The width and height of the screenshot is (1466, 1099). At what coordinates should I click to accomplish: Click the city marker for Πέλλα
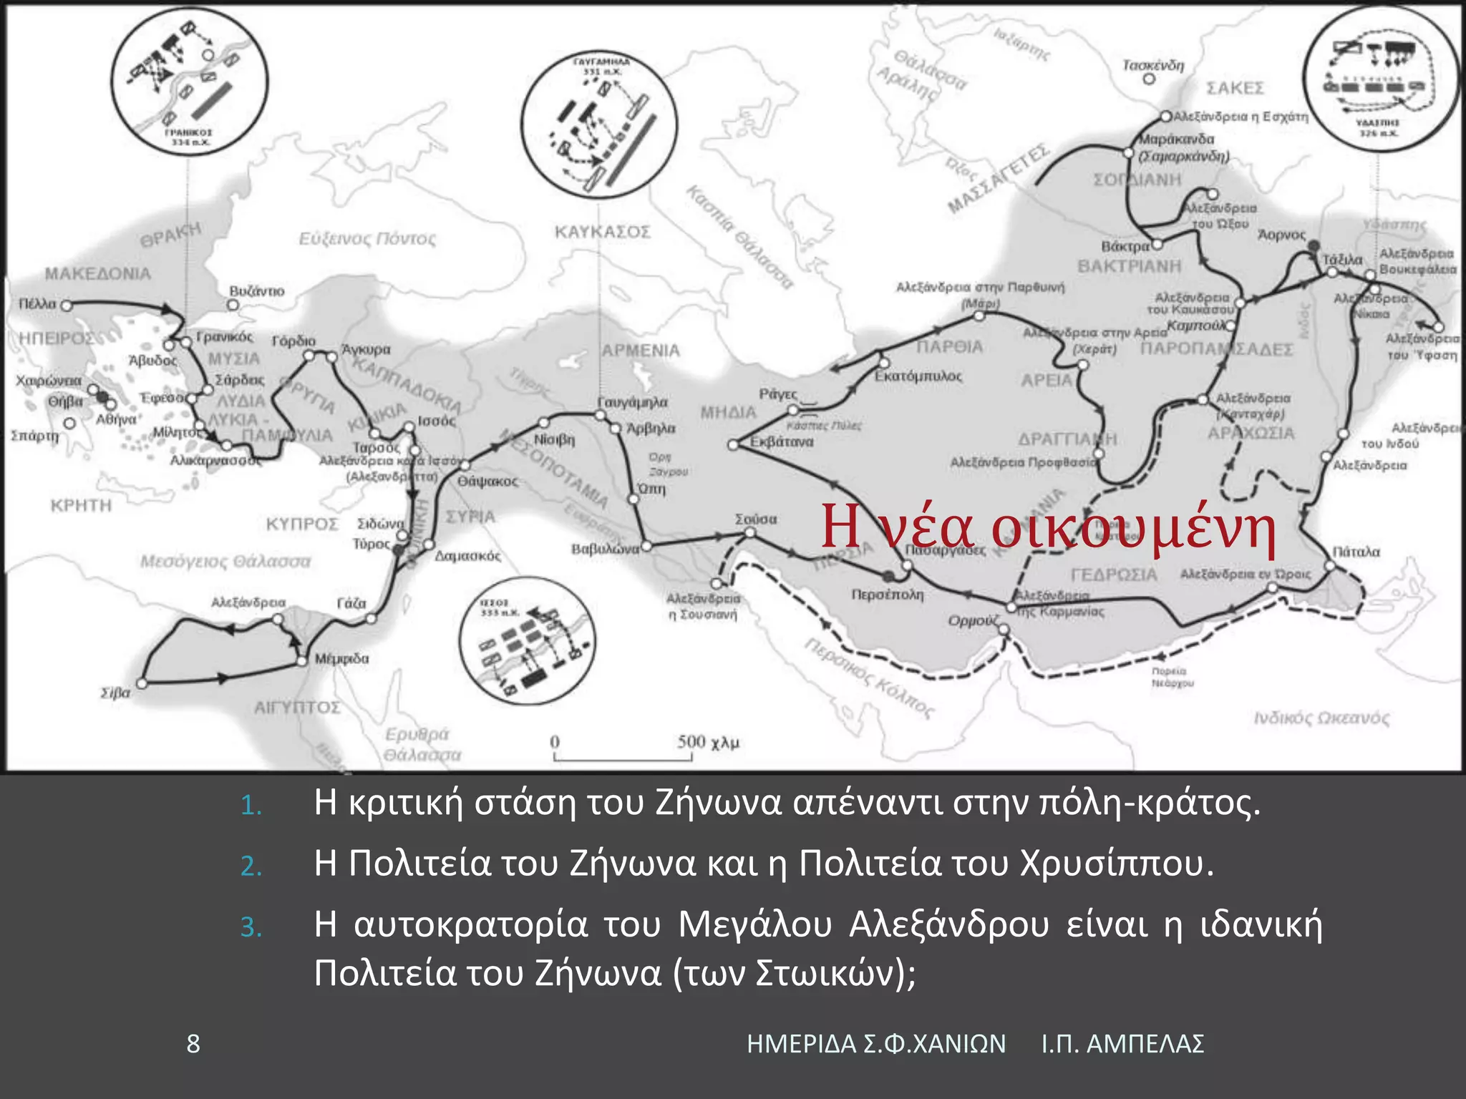point(66,306)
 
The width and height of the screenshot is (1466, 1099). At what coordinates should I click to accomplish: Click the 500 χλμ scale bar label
point(708,742)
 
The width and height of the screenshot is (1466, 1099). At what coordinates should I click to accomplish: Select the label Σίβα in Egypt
point(115,693)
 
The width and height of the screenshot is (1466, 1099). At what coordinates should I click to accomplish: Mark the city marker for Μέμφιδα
point(302,660)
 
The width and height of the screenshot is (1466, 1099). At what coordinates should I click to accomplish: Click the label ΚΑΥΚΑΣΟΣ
point(602,232)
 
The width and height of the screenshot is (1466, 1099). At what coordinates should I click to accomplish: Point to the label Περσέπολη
point(887,595)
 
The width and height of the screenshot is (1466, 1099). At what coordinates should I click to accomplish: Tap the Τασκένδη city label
point(1152,65)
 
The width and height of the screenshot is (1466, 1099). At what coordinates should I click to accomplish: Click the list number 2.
point(251,866)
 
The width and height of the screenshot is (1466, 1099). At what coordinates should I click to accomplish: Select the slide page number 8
point(193,1044)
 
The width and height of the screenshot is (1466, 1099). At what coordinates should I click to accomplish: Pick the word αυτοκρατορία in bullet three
point(470,924)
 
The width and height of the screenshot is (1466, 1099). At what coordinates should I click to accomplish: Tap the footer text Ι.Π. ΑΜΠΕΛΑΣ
point(1122,1044)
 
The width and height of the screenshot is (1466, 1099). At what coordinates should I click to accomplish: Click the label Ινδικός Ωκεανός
point(1321,718)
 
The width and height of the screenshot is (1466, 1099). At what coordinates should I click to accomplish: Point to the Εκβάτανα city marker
point(732,445)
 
